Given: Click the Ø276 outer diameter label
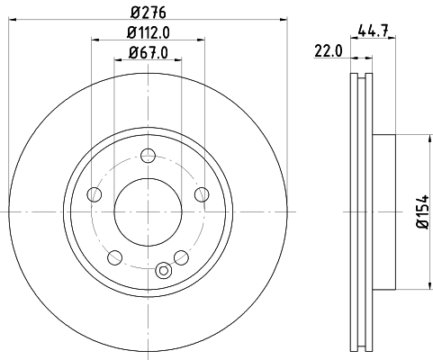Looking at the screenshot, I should pyautogui.click(x=147, y=11).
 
